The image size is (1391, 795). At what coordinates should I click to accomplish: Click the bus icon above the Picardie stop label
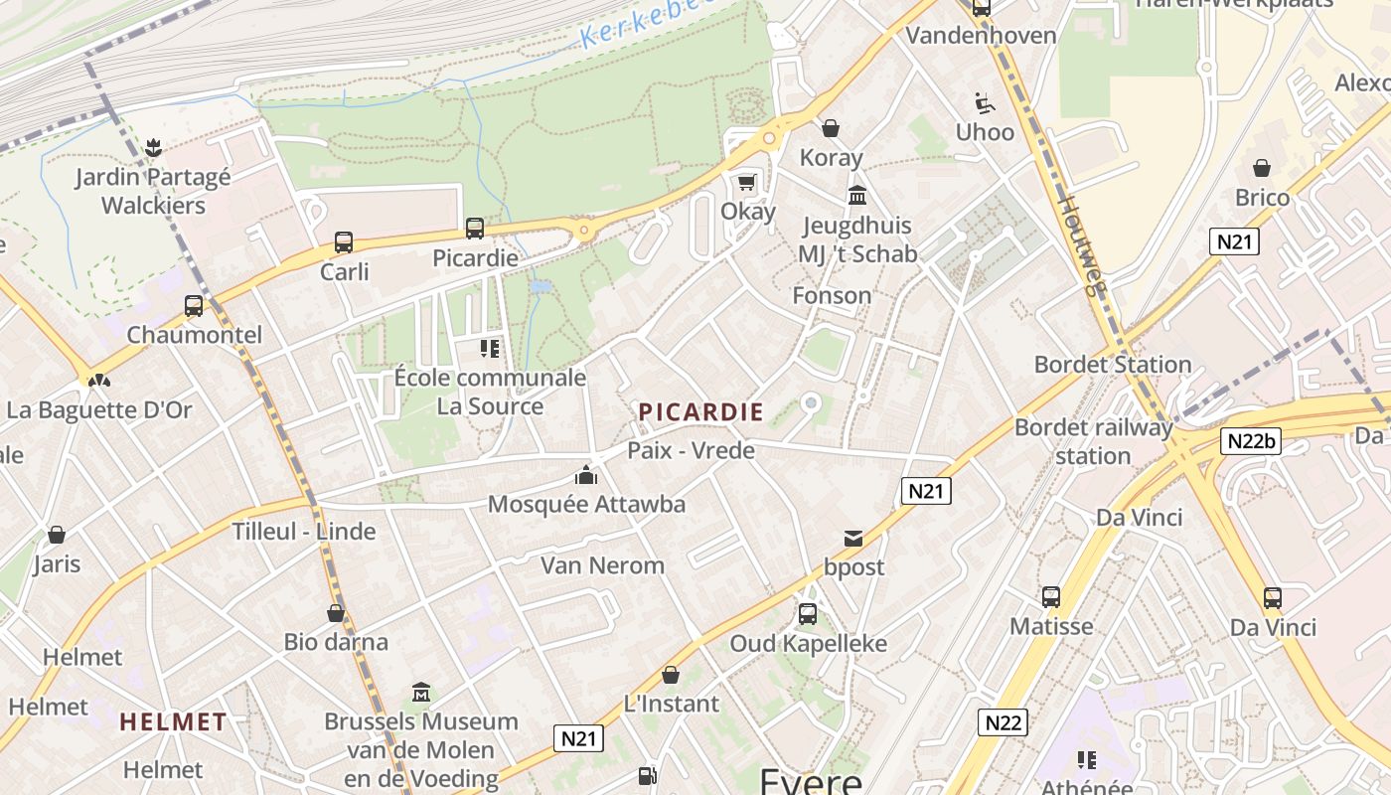click(x=475, y=228)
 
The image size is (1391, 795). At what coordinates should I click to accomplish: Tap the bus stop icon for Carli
click(x=344, y=241)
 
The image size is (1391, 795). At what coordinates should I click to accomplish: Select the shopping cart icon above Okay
click(x=746, y=182)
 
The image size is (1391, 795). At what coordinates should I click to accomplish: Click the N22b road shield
click(x=1251, y=441)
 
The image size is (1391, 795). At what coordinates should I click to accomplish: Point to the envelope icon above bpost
click(x=852, y=539)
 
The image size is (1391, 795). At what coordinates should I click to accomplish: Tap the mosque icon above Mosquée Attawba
click(x=586, y=475)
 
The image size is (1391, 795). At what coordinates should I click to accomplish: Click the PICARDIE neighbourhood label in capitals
click(x=701, y=411)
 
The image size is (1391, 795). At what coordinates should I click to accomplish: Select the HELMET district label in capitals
click(x=174, y=722)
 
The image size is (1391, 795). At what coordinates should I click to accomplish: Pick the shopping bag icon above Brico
click(x=1262, y=168)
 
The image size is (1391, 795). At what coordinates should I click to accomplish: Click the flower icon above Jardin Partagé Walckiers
click(x=153, y=149)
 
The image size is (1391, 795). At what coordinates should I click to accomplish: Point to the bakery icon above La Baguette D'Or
click(x=98, y=380)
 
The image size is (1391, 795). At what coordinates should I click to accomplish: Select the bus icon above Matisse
click(x=1051, y=597)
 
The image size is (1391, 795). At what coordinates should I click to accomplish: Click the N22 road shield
click(x=1002, y=722)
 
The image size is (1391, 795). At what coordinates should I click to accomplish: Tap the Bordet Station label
click(x=1113, y=365)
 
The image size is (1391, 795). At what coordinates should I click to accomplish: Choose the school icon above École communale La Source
click(x=489, y=348)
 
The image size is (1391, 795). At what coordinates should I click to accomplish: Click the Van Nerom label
click(x=602, y=565)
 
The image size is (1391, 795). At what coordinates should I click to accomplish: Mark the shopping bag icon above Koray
click(x=831, y=128)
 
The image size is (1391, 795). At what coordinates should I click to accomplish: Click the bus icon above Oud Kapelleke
click(x=808, y=613)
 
